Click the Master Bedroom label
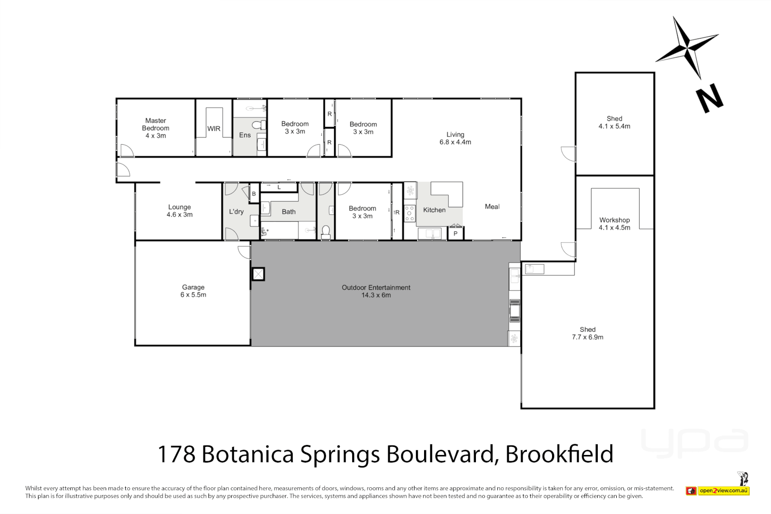coord(156,128)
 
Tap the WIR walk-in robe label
coord(214,128)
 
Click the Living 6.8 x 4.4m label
coord(455,138)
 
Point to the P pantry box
coord(455,234)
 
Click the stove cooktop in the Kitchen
coord(409,213)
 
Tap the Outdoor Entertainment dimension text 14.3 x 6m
coord(376,295)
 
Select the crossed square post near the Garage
coord(258,274)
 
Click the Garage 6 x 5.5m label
coord(193,291)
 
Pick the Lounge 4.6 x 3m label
coord(179,211)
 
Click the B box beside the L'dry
coord(254,194)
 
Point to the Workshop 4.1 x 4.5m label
coord(614,224)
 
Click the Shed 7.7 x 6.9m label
coord(587,333)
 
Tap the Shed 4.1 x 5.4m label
coord(614,122)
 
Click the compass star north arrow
coord(687,48)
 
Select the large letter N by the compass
coord(710,99)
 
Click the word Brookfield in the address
coord(559,454)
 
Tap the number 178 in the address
coord(176,454)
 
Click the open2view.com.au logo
coord(723,490)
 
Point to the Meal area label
coord(492,207)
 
